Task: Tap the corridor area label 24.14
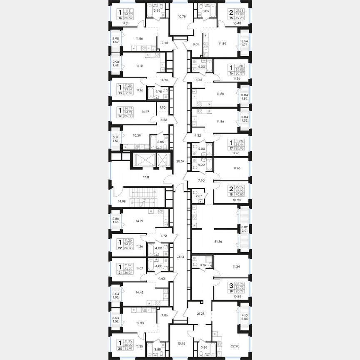[x=180, y=257]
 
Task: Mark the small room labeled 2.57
[x=199, y=195]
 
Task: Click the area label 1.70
[x=163, y=107]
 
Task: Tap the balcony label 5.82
[x=245, y=227]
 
